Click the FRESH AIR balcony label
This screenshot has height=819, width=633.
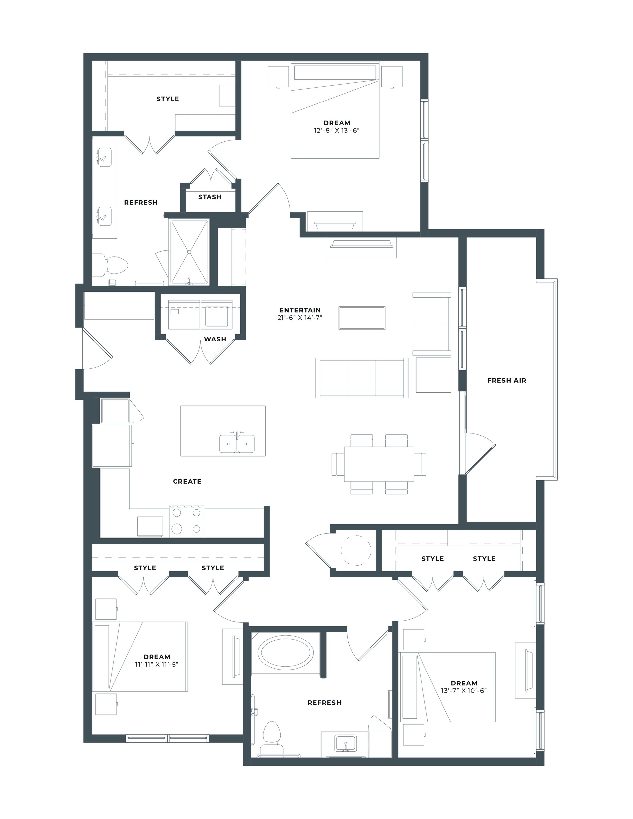pyautogui.click(x=507, y=381)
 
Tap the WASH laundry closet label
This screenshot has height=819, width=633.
pyautogui.click(x=215, y=339)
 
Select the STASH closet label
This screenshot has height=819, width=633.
pyautogui.click(x=210, y=197)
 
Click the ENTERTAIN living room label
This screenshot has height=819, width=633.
pyautogui.click(x=300, y=310)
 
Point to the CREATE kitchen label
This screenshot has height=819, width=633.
pyautogui.click(x=187, y=481)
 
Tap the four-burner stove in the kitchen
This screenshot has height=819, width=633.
pyautogui.click(x=187, y=521)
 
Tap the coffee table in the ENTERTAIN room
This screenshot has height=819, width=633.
pyautogui.click(x=362, y=318)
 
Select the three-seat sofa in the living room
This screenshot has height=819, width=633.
pyautogui.click(x=362, y=378)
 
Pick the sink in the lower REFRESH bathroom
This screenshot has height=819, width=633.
pyautogui.click(x=346, y=743)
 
